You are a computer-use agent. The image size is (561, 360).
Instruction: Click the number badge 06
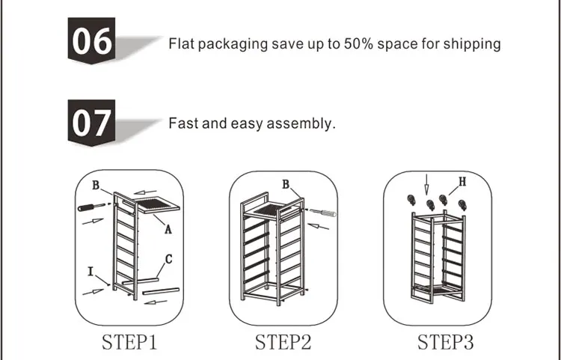(x=91, y=40)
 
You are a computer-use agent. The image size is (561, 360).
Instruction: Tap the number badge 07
(x=91, y=123)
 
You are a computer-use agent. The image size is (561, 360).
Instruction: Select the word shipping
(x=472, y=44)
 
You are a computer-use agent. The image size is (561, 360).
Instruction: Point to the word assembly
(x=301, y=123)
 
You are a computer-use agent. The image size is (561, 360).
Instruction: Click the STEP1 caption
(x=129, y=342)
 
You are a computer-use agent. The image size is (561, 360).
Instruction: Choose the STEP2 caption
(x=283, y=342)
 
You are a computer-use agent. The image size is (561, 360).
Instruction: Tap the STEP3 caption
(x=446, y=342)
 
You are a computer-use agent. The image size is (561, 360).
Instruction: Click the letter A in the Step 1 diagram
(x=168, y=229)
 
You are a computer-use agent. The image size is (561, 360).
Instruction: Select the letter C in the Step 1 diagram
(x=169, y=259)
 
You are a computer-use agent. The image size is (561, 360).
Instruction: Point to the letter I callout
(x=91, y=272)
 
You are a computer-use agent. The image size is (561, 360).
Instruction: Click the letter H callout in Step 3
(x=462, y=182)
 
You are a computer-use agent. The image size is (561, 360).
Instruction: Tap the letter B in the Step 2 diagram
(x=286, y=184)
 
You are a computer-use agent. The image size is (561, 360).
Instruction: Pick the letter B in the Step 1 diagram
(x=96, y=185)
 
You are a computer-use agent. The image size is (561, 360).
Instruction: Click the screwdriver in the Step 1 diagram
(x=91, y=207)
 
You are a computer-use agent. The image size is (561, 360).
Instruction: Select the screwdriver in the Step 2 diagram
(x=322, y=213)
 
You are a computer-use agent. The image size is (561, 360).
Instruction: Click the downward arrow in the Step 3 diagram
(x=426, y=184)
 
